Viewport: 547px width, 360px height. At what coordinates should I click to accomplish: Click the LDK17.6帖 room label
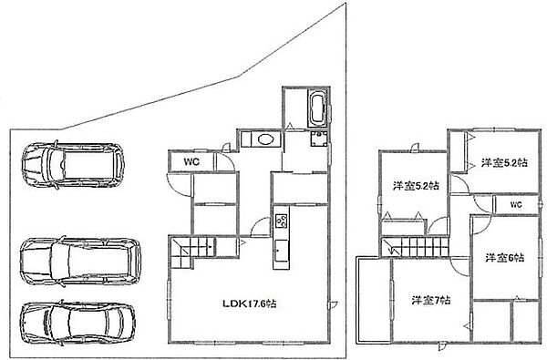pyautogui.click(x=251, y=304)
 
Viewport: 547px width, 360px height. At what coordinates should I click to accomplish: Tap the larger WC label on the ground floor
pyautogui.click(x=191, y=163)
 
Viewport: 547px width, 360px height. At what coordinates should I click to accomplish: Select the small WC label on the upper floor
pyautogui.click(x=515, y=204)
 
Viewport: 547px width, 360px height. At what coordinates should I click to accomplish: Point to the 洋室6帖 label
pyautogui.click(x=504, y=258)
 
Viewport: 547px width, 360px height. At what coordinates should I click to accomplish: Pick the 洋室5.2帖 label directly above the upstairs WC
pyautogui.click(x=501, y=163)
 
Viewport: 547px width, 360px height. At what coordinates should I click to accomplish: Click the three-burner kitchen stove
pyautogui.click(x=281, y=220)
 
